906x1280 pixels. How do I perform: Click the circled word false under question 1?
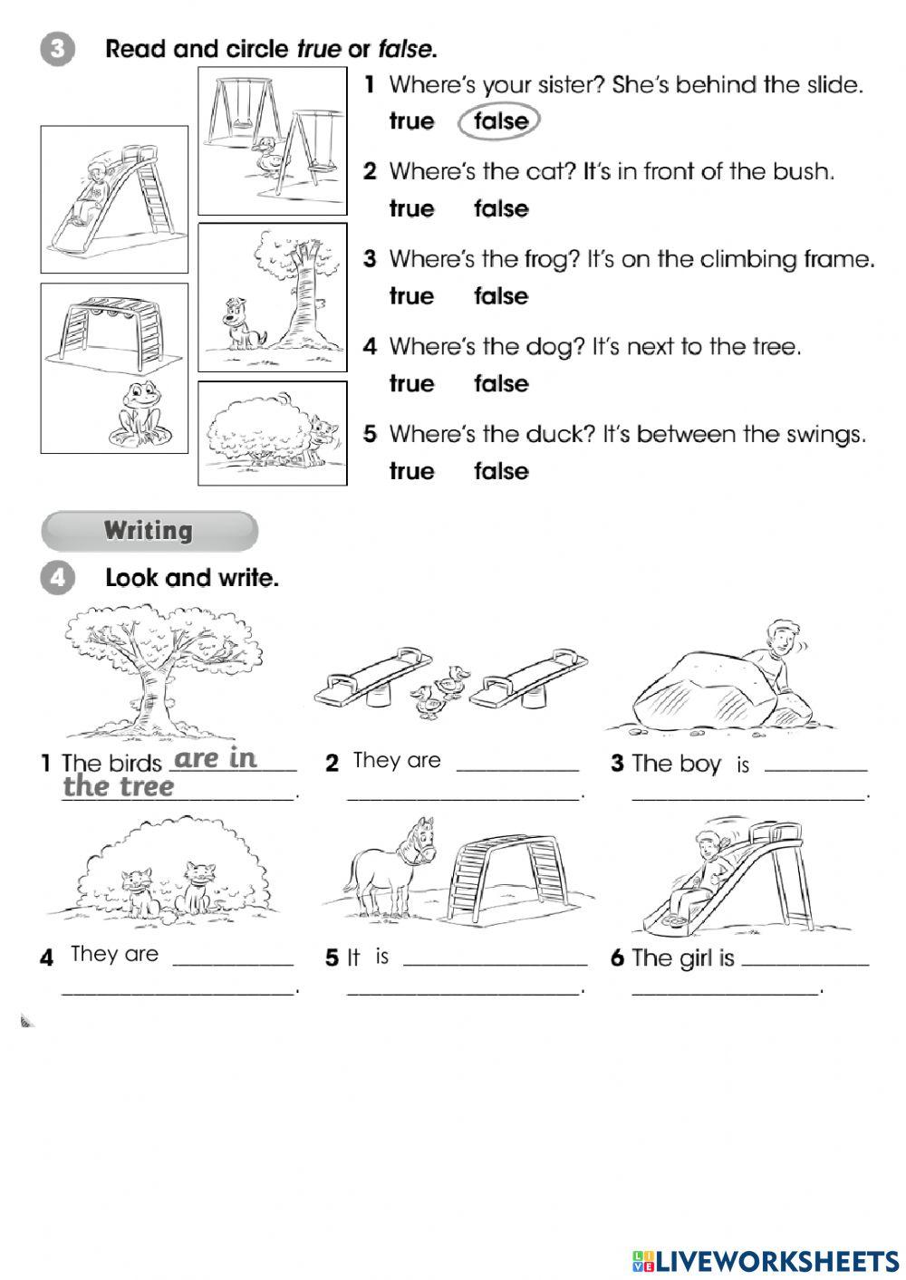point(500,121)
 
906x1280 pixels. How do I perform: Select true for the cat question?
point(411,209)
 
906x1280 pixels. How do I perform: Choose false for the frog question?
point(500,297)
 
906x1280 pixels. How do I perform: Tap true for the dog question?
point(411,384)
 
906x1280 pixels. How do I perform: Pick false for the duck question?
point(500,472)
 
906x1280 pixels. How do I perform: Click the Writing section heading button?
point(149,531)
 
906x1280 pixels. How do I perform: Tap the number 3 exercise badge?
point(56,49)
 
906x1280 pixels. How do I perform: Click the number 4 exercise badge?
point(56,578)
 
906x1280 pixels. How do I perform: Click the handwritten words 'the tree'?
point(118,786)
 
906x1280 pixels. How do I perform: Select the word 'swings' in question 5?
point(829,435)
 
